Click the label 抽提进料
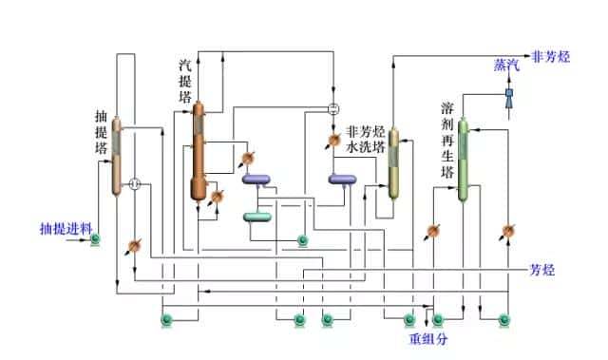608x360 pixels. [65, 229]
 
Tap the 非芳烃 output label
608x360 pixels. [551, 56]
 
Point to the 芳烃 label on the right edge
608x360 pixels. [542, 271]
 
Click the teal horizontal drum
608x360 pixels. [256, 217]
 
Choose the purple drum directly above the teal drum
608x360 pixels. [256, 179]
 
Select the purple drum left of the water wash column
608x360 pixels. [342, 179]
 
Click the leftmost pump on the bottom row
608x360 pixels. [167, 320]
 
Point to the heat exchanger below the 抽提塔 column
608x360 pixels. [133, 246]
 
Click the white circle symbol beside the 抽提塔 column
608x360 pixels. [135, 183]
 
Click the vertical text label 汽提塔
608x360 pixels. [185, 81]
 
